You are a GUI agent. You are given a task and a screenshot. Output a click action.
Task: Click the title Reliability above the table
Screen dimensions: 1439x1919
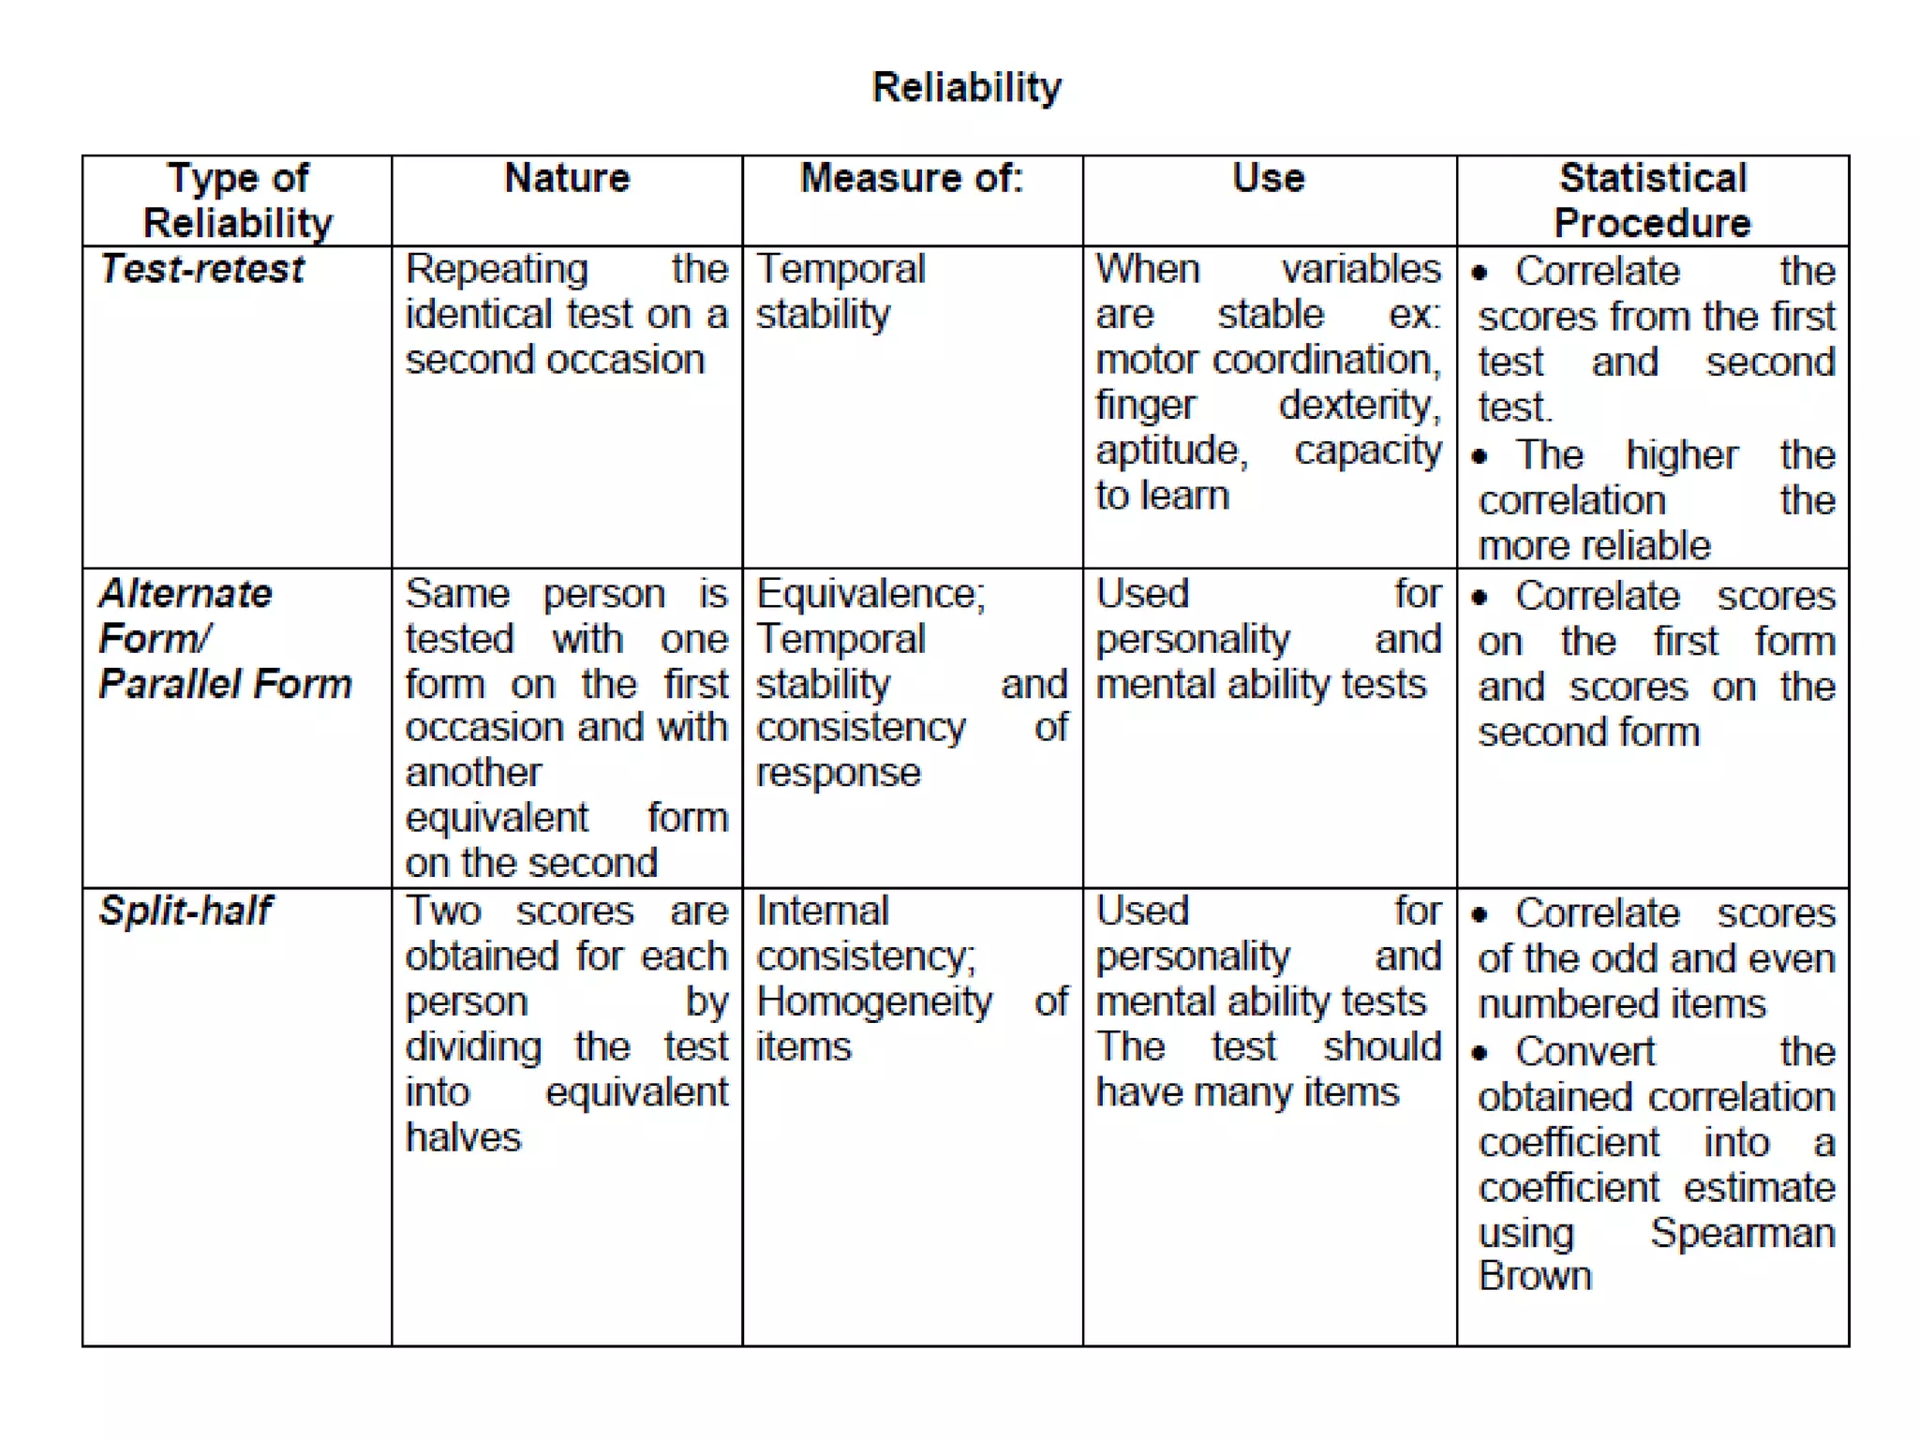pos(966,87)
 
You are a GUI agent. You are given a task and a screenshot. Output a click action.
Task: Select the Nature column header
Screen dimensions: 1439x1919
pos(567,178)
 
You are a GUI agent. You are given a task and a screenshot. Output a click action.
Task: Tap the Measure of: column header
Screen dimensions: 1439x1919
pos(912,178)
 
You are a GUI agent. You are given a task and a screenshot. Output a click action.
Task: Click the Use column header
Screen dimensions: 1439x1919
pos(1268,178)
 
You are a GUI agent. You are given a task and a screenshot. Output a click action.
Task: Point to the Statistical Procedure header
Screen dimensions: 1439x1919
pos(1652,200)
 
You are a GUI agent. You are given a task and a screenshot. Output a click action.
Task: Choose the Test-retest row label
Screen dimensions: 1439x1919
pos(202,270)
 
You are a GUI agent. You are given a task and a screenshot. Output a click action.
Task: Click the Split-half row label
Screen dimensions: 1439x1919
pos(186,911)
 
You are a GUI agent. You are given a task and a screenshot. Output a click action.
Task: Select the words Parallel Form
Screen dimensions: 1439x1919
pos(225,684)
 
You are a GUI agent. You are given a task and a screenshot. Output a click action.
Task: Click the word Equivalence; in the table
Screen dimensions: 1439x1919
pos(870,594)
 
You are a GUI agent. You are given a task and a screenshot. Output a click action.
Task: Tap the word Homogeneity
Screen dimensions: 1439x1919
pos(874,1001)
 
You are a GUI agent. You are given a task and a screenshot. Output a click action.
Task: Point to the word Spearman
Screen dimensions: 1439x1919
pos(1742,1233)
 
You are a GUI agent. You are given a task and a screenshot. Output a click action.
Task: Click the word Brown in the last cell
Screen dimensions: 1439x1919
pos(1535,1276)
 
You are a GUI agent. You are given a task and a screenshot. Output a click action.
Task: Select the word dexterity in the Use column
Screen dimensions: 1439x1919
pos(1359,405)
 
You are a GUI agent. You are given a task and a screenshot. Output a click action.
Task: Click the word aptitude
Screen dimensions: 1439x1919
pos(1171,451)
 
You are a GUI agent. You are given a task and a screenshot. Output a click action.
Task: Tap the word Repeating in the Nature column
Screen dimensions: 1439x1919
pos(497,270)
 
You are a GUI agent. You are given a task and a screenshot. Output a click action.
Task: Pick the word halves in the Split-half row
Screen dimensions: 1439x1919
pos(463,1137)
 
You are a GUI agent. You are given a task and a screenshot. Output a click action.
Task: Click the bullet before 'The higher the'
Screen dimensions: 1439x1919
pos(1480,457)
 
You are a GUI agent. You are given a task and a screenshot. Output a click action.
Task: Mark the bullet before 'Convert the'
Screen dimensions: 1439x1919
pos(1480,1053)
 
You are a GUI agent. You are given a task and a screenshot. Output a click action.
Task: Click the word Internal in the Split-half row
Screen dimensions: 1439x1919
pos(822,911)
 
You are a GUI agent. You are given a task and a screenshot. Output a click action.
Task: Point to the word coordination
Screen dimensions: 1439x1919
pos(1326,360)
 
